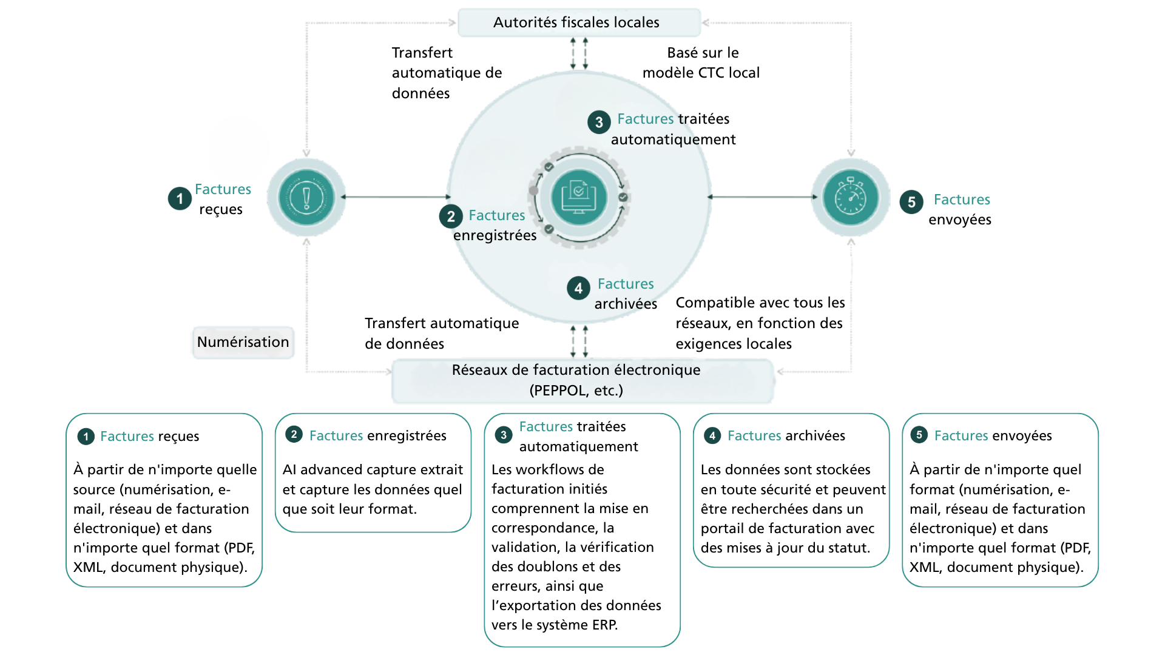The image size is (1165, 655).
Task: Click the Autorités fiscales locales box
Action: pyautogui.click(x=579, y=22)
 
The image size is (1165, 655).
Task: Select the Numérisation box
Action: pyautogui.click(x=243, y=342)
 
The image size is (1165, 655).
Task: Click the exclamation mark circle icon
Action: pyautogui.click(x=306, y=198)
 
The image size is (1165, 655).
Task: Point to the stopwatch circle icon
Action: pyautogui.click(x=851, y=198)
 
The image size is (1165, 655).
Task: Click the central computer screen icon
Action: pyautogui.click(x=579, y=198)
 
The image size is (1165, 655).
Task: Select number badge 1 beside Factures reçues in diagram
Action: pyautogui.click(x=180, y=198)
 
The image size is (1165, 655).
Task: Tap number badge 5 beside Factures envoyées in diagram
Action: pyautogui.click(x=911, y=202)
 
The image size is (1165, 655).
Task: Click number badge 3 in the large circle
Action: pyautogui.click(x=599, y=122)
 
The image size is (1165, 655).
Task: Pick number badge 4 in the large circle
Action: pyautogui.click(x=578, y=289)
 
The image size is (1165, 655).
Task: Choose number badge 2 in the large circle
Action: pyautogui.click(x=451, y=217)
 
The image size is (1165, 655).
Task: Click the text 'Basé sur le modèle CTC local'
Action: pyautogui.click(x=701, y=62)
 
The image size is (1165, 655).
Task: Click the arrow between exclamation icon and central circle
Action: pyautogui.click(x=396, y=197)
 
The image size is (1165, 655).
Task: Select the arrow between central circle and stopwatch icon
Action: pyautogui.click(x=762, y=197)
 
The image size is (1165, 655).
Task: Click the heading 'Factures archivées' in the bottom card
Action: pyautogui.click(x=786, y=435)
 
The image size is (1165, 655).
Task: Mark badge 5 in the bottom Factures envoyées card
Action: pyautogui.click(x=919, y=435)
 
